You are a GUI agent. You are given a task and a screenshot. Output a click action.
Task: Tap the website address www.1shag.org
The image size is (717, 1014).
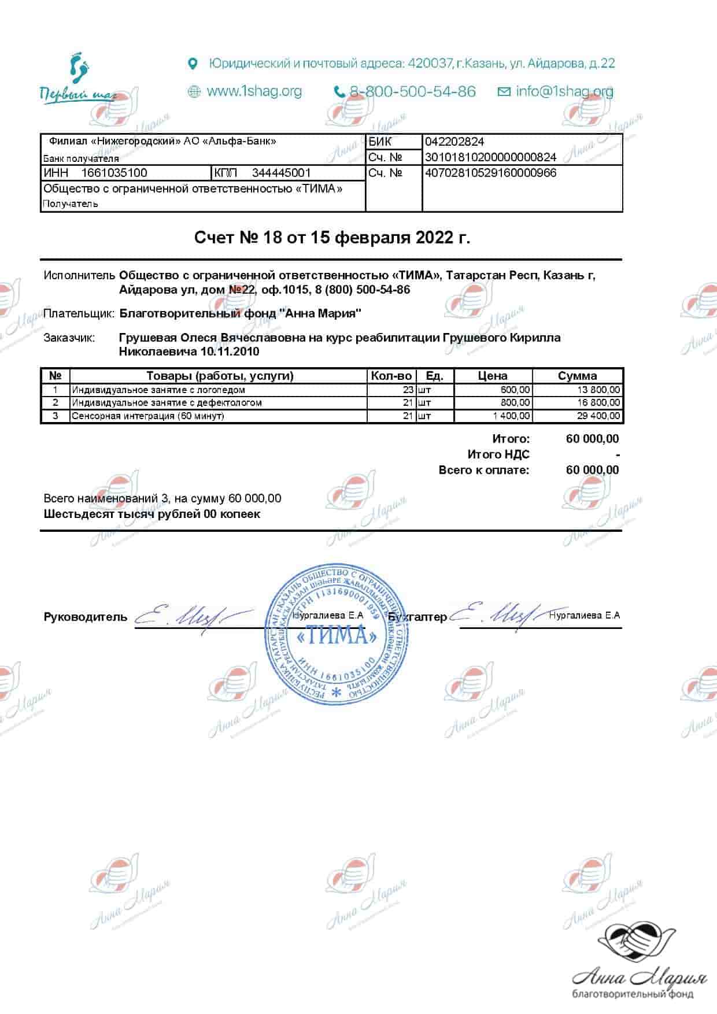tap(254, 91)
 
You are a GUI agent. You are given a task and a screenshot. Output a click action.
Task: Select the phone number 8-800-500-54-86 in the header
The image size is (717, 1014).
tap(412, 91)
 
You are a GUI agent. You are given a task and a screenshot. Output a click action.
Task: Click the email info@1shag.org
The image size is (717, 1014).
tap(564, 91)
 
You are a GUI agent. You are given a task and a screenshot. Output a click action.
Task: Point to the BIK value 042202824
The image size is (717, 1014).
tap(454, 142)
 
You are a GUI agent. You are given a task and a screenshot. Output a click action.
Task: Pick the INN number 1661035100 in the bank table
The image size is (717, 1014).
tap(114, 173)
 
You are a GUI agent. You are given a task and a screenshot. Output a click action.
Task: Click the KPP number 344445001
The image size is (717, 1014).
tap(281, 173)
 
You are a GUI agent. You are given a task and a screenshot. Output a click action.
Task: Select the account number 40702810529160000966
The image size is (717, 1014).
tap(490, 173)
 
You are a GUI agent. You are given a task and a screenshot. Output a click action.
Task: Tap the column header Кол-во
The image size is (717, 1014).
tap(391, 376)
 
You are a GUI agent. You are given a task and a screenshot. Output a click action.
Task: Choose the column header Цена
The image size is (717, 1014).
tap(493, 376)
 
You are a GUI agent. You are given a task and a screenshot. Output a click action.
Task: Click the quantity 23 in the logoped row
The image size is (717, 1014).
tap(408, 390)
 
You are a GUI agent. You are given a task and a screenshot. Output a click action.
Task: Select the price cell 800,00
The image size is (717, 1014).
tap(515, 402)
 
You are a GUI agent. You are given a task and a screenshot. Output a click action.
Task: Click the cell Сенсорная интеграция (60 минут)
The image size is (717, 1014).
tap(147, 416)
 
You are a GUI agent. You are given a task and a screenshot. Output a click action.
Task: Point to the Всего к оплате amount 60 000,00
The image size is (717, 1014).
tap(592, 470)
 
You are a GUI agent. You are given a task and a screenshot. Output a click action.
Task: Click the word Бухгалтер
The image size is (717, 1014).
tap(417, 617)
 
